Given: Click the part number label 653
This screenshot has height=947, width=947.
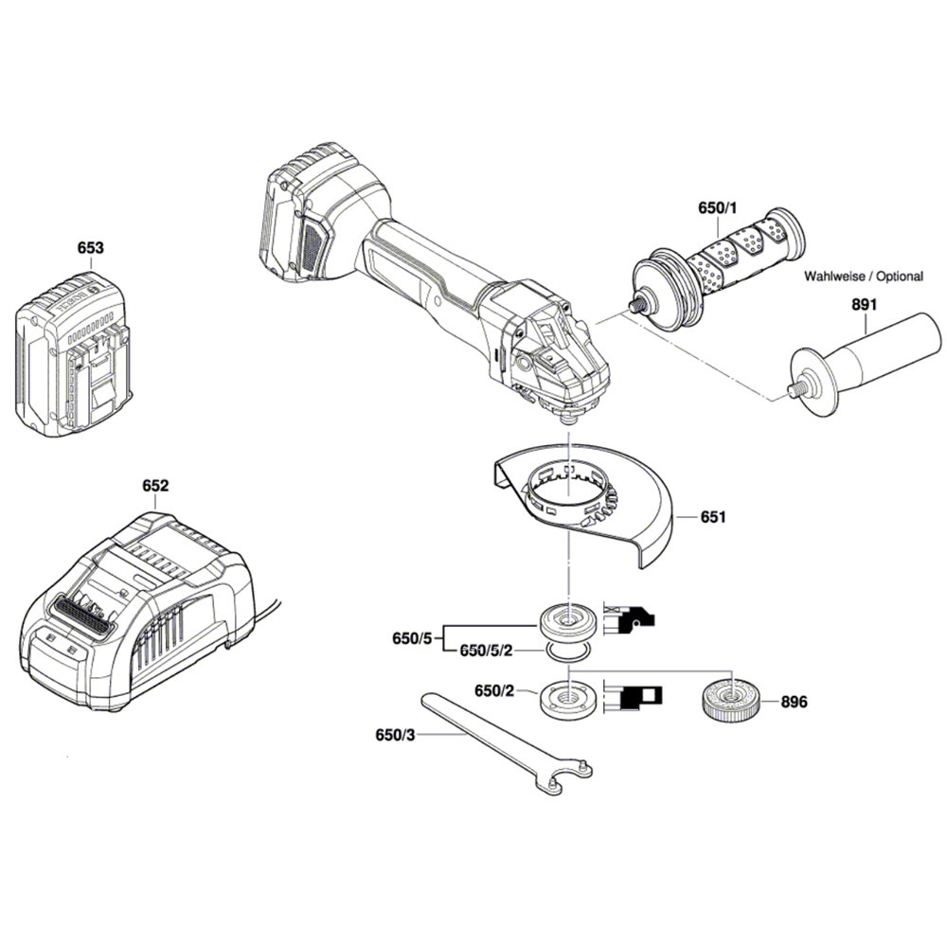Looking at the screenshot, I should click(90, 248).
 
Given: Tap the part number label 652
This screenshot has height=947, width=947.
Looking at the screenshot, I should click(155, 485).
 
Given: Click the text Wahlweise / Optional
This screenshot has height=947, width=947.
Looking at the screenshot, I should click(863, 277).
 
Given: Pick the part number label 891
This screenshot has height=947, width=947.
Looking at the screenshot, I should click(864, 305).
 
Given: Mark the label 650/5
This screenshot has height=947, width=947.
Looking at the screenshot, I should click(412, 639).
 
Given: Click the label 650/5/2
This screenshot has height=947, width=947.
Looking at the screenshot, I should click(486, 652).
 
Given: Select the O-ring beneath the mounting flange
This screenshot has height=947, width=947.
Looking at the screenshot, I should click(566, 652).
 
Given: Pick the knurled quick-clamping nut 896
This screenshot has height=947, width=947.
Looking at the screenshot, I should click(732, 702).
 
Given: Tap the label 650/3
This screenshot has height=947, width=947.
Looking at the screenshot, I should click(396, 734).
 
